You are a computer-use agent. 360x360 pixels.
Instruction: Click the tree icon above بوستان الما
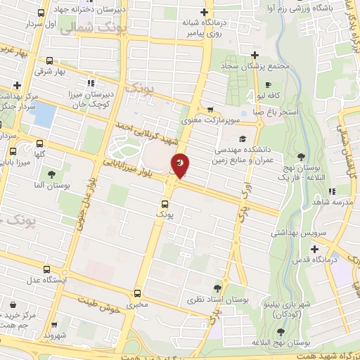pyautogui.click(x=51, y=174)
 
